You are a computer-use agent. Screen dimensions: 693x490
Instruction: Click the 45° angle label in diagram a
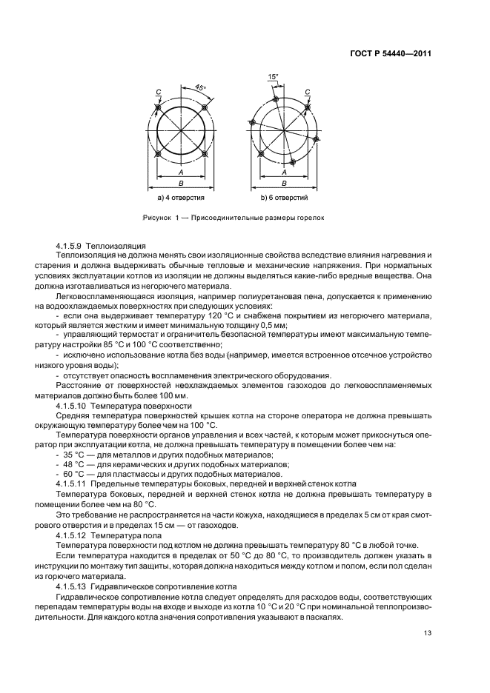coord(200,88)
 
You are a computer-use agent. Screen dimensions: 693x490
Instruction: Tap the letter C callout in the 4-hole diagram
coord(158,92)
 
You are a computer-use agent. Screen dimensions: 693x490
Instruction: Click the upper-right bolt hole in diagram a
coord(205,107)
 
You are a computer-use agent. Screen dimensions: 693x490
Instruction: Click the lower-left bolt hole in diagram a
coord(157,154)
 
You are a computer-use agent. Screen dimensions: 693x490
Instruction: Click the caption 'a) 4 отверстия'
coord(181,198)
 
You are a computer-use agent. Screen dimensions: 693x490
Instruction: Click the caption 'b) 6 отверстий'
coord(284,198)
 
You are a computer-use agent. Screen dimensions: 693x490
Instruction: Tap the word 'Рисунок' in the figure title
coord(156,218)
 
